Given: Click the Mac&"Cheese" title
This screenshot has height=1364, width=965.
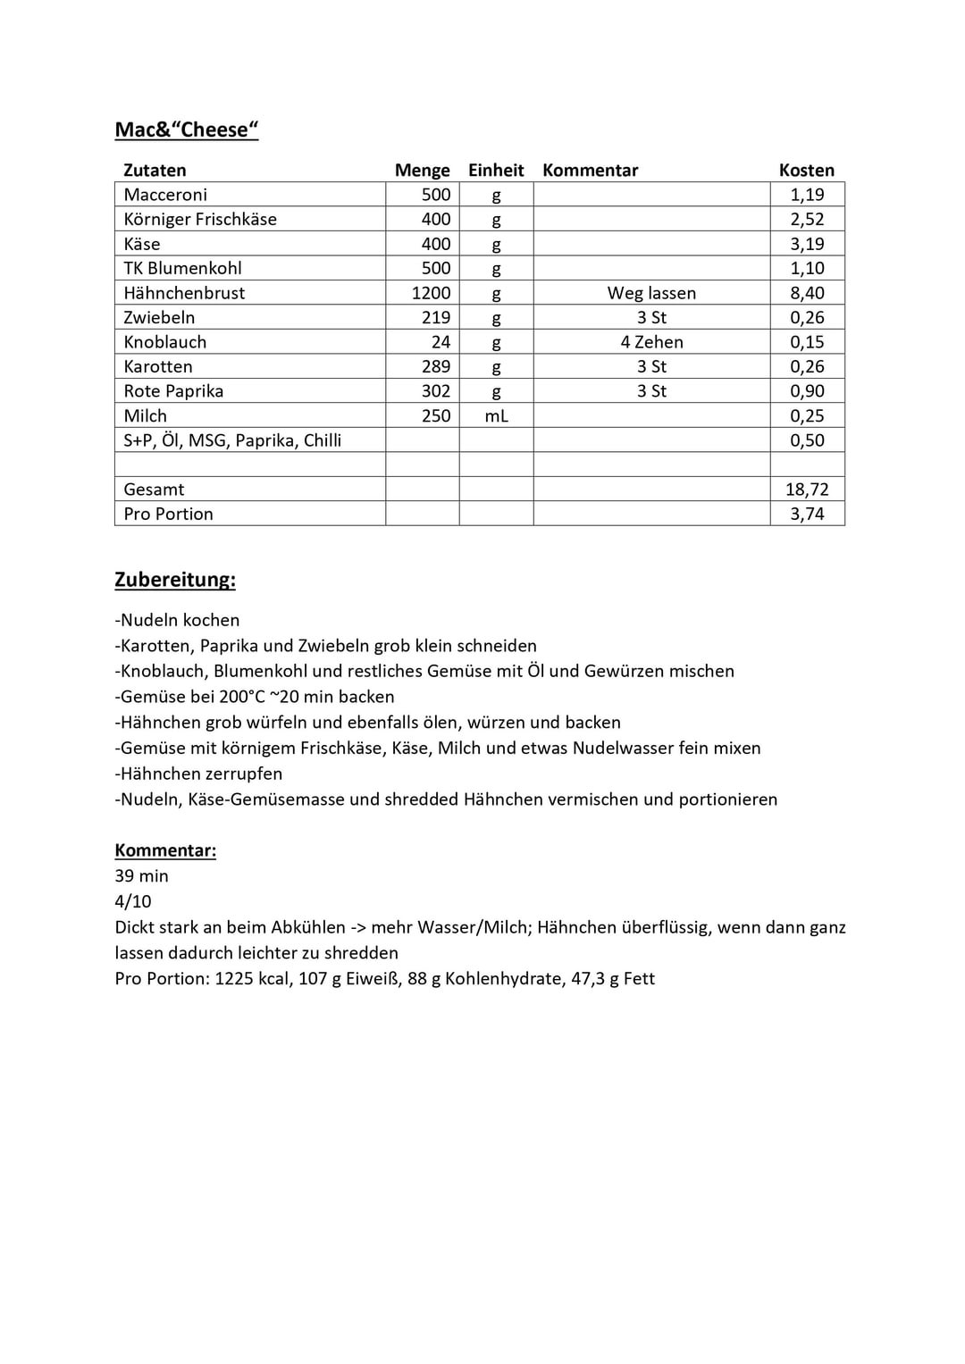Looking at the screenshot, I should coord(187,130).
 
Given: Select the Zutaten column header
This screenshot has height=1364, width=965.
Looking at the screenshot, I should coord(155,171).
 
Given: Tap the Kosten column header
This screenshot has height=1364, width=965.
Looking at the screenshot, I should coord(806,171).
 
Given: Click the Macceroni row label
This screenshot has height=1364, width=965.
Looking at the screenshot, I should coord(165,195).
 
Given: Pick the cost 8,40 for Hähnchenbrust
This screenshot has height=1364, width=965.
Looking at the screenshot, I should coord(807,293).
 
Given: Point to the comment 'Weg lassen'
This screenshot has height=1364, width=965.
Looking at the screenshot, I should coord(651,293).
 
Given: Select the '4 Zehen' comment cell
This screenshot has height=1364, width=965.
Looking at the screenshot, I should coord(651,342).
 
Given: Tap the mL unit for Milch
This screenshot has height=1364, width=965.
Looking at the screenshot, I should coord(496,416).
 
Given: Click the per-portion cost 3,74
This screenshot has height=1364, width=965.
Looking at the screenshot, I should coord(807,515).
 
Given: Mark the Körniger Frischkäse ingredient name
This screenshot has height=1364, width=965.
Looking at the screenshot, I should coord(200,220).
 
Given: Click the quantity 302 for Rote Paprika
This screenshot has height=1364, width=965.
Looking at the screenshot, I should coord(436,391).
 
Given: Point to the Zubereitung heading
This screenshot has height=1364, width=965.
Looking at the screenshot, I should coord(175,580).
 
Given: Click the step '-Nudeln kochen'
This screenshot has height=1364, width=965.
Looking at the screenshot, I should coord(177,620).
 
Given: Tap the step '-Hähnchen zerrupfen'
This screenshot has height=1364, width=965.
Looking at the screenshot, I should coord(198,774).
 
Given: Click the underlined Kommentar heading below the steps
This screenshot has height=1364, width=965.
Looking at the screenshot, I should coord(165,850).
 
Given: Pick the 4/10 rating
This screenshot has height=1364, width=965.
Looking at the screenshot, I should coord(133,901).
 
